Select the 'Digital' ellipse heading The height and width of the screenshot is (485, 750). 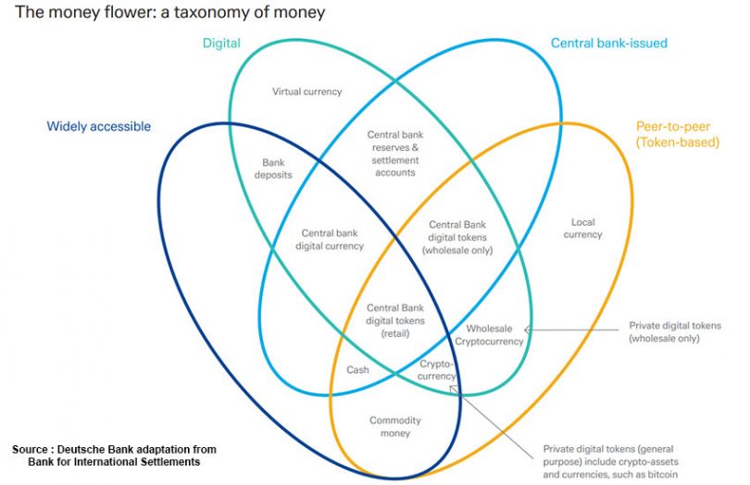pos(221,43)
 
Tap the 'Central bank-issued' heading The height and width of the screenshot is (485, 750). pos(608,43)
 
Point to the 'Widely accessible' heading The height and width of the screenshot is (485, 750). pos(99,126)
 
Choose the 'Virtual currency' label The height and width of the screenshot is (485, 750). pos(306,92)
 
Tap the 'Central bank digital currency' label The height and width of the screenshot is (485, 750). pos(330,240)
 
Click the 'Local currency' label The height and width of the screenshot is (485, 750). pos(582,228)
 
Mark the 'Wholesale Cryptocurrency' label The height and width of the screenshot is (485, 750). pos(494,335)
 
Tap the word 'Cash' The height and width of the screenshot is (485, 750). pos(357,370)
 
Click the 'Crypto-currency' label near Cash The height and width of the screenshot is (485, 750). pos(438,369)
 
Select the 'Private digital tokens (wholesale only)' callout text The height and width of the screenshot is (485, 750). pos(674,332)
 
